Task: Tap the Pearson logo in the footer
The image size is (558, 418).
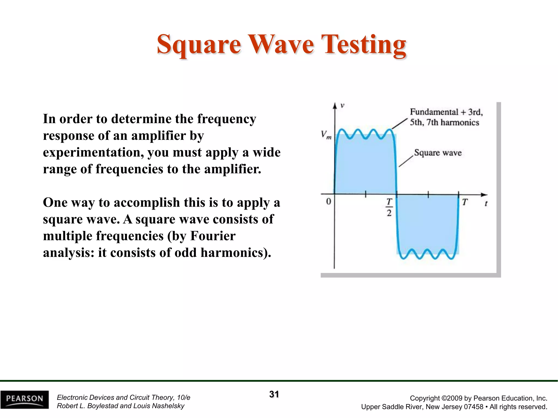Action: [25, 399]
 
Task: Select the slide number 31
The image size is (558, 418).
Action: [274, 394]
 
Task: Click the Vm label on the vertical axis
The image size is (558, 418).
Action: [326, 135]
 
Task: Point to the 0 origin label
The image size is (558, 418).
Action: [329, 202]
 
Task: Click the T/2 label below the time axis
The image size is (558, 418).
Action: [389, 207]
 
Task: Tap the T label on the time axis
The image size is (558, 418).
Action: [465, 202]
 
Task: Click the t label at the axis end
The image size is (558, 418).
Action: [486, 203]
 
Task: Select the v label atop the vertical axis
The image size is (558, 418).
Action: [342, 106]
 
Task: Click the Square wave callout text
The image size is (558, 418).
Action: [438, 153]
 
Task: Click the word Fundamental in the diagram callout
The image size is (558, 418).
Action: [434, 112]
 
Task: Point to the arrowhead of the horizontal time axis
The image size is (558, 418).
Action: [484, 195]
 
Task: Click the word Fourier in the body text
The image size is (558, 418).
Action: [213, 236]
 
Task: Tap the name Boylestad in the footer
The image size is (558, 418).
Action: [103, 406]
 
